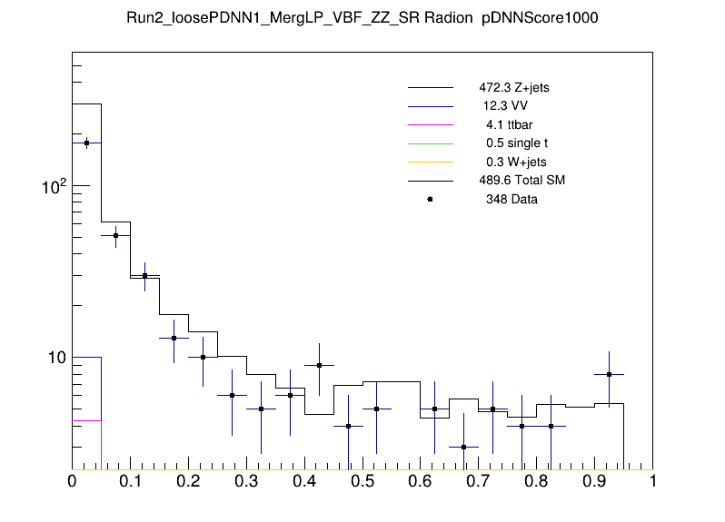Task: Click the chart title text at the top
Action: [x=362, y=18]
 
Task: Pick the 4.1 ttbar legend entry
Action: [x=509, y=124]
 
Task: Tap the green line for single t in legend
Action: [x=430, y=143]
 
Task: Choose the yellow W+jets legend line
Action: [x=430, y=162]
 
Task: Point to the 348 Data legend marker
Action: [x=430, y=199]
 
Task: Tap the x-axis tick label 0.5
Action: [x=362, y=482]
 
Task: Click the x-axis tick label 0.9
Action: [x=594, y=482]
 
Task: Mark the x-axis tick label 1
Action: [x=652, y=482]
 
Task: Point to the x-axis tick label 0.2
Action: [x=188, y=482]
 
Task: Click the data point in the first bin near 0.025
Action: [x=86, y=143]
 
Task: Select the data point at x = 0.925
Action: [x=609, y=374]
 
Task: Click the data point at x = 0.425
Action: [x=319, y=365]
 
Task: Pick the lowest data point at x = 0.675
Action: [x=463, y=447]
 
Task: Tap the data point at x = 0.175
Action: [x=174, y=338]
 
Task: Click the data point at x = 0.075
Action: [x=115, y=235]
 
